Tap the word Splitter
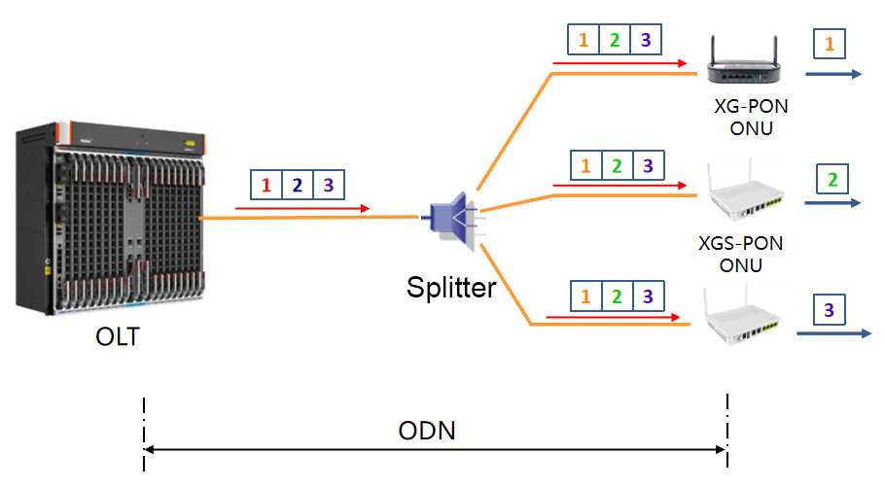point(451,288)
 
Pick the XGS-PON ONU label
point(741,253)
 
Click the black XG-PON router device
point(745,61)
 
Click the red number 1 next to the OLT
point(265,184)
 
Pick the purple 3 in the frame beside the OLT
point(328,184)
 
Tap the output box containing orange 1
point(829,43)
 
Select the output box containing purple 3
point(829,310)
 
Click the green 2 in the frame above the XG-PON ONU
point(615,40)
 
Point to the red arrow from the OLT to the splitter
point(301,208)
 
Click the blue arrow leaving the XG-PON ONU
point(832,75)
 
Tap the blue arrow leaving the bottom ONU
point(832,333)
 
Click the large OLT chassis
point(110,219)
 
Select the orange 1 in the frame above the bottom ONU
point(584,295)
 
